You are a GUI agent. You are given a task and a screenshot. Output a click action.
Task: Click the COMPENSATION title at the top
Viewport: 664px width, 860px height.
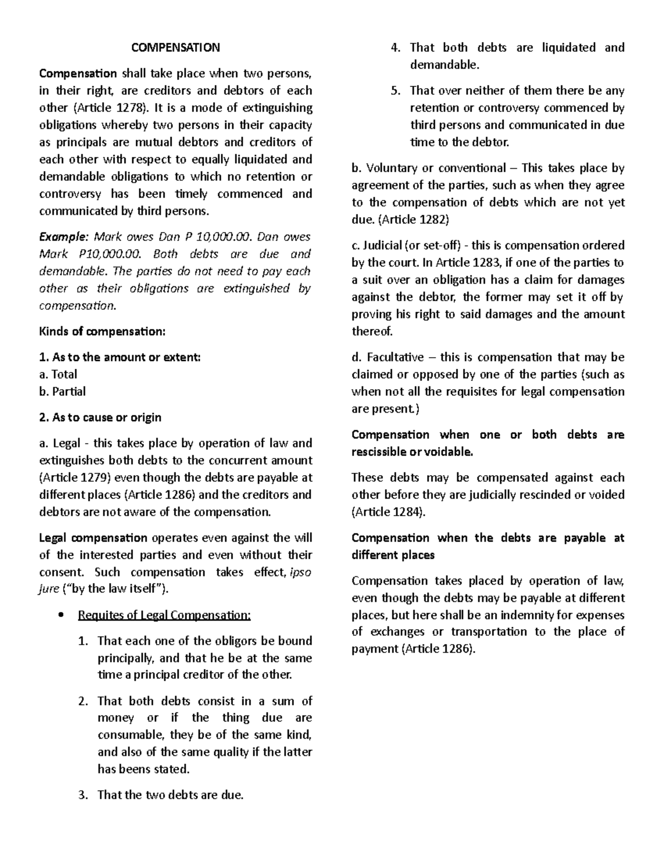175,48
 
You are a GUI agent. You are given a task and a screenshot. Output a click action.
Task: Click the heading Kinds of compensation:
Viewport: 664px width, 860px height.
102,332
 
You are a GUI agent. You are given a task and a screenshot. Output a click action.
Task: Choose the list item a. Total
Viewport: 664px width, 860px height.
58,374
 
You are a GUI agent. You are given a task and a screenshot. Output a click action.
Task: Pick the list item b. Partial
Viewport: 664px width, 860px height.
63,392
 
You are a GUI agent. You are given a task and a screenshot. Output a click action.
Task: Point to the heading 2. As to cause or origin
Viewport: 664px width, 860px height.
100,418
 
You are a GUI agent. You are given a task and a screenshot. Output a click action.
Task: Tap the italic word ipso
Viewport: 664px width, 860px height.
300,572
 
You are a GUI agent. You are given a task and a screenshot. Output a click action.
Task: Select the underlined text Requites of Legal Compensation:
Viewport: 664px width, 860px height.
165,615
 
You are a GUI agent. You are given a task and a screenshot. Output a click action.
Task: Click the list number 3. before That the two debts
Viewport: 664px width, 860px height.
83,795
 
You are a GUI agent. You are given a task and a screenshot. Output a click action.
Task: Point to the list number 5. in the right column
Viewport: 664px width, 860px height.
396,91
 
